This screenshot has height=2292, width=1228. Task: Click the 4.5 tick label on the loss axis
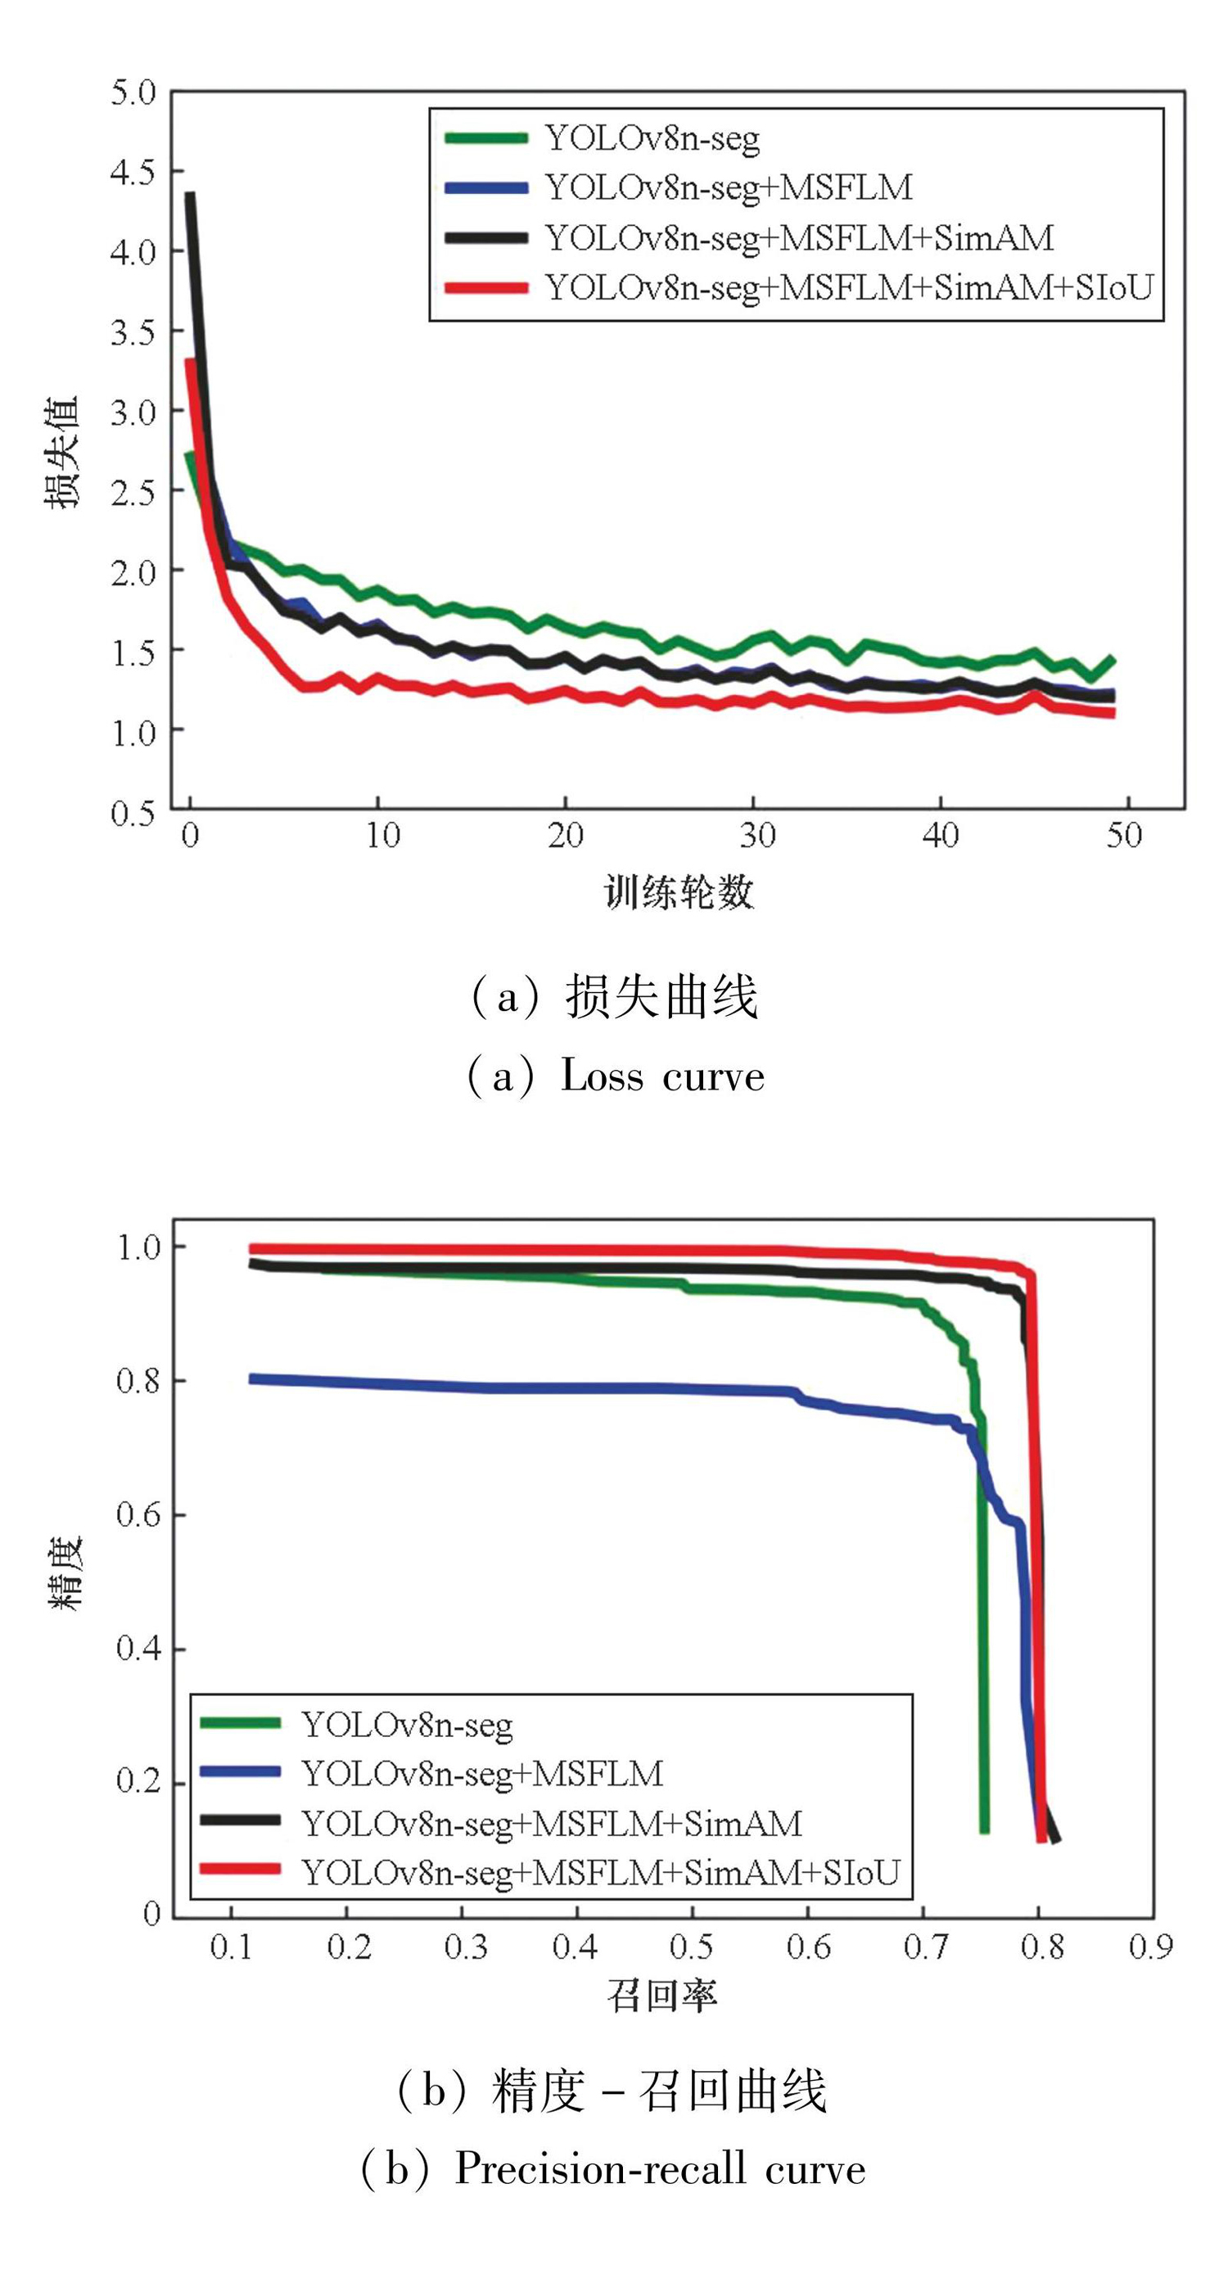pos(133,172)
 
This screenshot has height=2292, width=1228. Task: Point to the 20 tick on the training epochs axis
pos(565,835)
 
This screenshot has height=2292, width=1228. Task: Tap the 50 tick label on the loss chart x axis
pos(1124,835)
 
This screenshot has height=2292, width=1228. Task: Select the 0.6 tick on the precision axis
pos(138,1514)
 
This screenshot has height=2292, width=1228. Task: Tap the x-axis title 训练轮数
pos(678,891)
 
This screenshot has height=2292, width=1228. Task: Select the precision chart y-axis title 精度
pos(64,1572)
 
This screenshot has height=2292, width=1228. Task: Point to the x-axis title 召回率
pos(662,1996)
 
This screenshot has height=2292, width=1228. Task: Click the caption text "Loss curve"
pos(662,1076)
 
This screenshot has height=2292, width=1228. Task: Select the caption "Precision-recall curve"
pos(659,2169)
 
